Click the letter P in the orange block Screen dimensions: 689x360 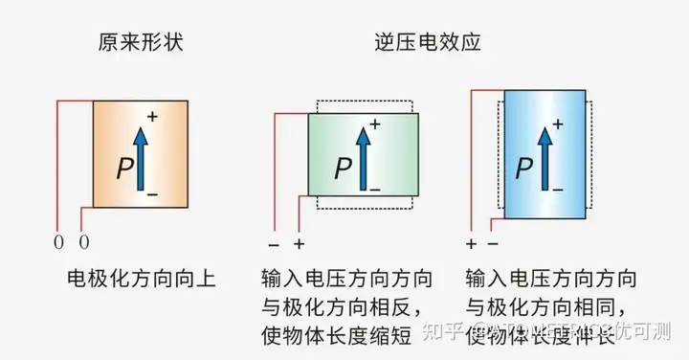[x=124, y=169]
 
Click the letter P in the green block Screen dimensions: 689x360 [x=344, y=169]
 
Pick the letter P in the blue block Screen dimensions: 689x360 [x=523, y=169]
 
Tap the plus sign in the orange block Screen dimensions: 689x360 [x=151, y=117]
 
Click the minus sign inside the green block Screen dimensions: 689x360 [x=374, y=191]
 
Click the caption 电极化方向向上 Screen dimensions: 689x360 [x=142, y=280]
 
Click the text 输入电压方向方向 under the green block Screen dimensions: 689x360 [x=346, y=280]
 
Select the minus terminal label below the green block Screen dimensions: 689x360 [x=273, y=243]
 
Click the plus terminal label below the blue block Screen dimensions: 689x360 [x=471, y=243]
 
